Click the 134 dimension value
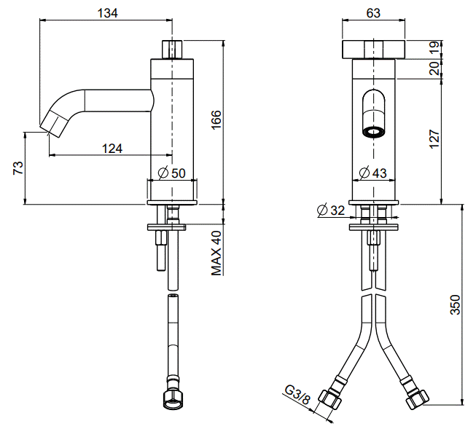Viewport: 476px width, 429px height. [x=107, y=13]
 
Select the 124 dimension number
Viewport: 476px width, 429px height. [x=112, y=149]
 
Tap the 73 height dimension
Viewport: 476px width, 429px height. [x=18, y=168]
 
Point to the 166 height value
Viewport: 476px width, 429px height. [x=216, y=120]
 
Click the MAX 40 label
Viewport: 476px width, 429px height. [x=216, y=253]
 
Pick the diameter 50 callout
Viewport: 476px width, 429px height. [x=172, y=173]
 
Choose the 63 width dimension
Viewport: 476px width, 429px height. [x=373, y=13]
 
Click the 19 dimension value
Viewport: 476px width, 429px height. [x=434, y=48]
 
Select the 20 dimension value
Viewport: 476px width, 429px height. [x=434, y=68]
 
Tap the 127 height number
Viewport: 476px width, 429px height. [x=434, y=139]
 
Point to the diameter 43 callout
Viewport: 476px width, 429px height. [x=372, y=173]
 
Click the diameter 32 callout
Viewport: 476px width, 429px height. [x=331, y=210]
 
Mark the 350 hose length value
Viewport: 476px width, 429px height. [x=455, y=304]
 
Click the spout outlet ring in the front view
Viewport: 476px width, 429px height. [x=374, y=133]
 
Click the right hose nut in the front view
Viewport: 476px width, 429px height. [x=418, y=398]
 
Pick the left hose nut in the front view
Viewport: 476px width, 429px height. [x=329, y=398]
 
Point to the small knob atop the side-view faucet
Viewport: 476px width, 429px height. [x=172, y=49]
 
